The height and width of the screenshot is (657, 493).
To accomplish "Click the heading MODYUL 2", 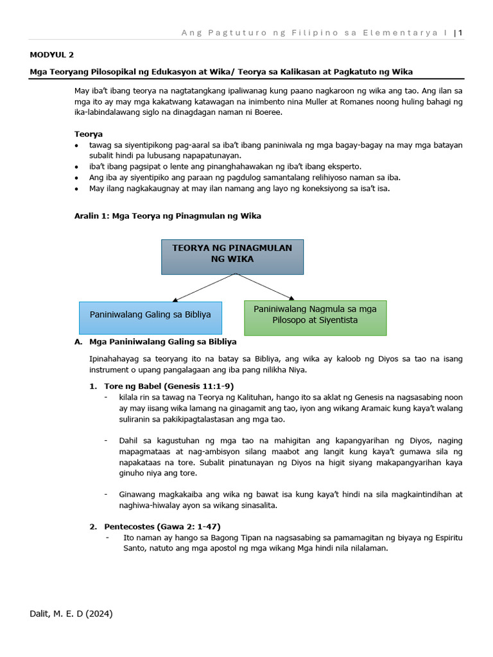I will coord(52,55).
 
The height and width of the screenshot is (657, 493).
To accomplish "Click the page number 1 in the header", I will coord(460,33).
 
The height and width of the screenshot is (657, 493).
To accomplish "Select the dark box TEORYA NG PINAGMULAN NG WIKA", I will coord(232,257).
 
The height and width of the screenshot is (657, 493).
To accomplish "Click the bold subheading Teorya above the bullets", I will coord(89,134).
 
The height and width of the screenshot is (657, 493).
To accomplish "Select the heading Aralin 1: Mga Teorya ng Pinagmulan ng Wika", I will coord(168,216).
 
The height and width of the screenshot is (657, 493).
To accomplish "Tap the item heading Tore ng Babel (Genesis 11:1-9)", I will coord(169,386).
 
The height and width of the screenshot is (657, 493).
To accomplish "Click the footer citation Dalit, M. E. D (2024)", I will coord(71,614).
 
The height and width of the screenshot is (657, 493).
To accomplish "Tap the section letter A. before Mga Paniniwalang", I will coord(78,342).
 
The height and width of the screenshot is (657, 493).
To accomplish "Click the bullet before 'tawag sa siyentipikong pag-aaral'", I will coord(77,146).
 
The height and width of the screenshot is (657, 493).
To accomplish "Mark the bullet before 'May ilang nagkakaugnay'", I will coord(77,189).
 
